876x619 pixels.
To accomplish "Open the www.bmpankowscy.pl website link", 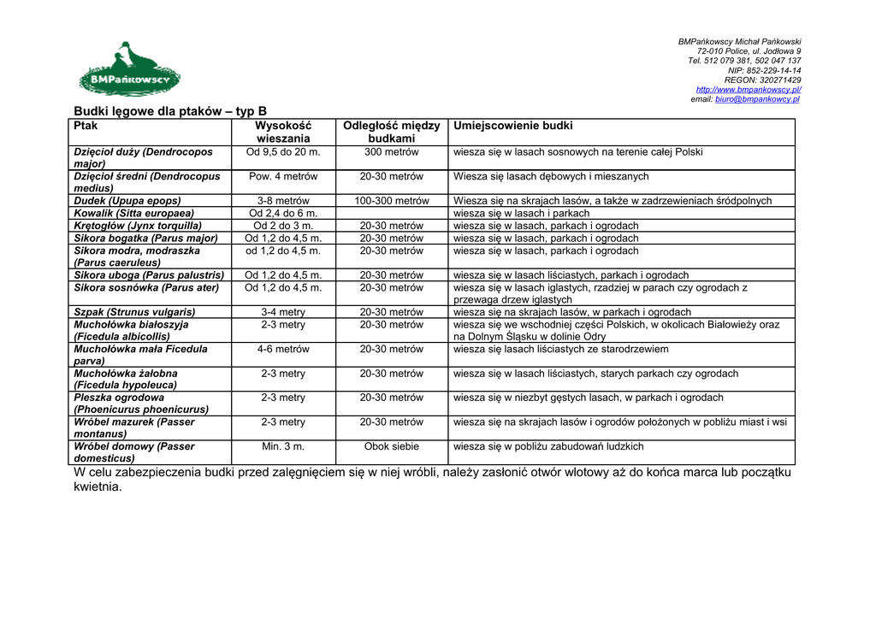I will click(749, 89).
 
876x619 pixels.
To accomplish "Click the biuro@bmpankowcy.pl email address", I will click(757, 99).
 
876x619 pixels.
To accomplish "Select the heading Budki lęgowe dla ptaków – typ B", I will click(170, 111).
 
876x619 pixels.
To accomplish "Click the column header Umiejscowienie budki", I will click(513, 126).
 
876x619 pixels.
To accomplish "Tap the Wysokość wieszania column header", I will click(283, 132).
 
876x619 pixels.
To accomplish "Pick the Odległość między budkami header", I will click(391, 132).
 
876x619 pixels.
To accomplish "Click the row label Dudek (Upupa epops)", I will click(127, 201).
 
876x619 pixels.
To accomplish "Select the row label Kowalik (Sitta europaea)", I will click(134, 213).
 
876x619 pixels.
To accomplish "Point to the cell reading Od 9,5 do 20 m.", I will click(283, 152).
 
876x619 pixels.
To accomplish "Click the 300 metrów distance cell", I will click(391, 152).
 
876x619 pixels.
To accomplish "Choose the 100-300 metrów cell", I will click(391, 201).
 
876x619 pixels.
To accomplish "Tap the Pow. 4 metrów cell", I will click(283, 176).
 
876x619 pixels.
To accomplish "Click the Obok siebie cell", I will click(391, 446).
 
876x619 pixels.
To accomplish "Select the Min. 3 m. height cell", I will click(283, 446).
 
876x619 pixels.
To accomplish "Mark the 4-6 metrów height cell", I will click(283, 350).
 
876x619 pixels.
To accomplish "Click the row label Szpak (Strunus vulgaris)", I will click(134, 312).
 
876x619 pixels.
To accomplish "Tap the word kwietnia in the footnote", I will click(98, 487).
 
